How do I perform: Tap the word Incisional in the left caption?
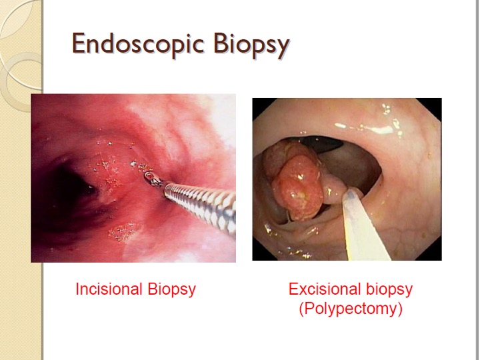click(109, 289)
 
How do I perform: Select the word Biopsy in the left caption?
click(171, 289)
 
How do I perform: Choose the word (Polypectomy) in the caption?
click(351, 309)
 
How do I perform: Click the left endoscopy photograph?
click(133, 178)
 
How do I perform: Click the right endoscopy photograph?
click(347, 179)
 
